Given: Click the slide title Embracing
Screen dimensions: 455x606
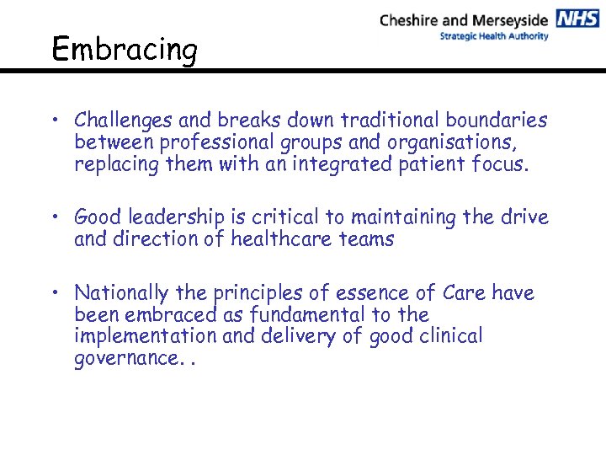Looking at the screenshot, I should [124, 50].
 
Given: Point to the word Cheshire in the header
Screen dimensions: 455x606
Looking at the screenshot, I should [412, 20].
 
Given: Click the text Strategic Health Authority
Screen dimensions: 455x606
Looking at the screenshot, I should [493, 36].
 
